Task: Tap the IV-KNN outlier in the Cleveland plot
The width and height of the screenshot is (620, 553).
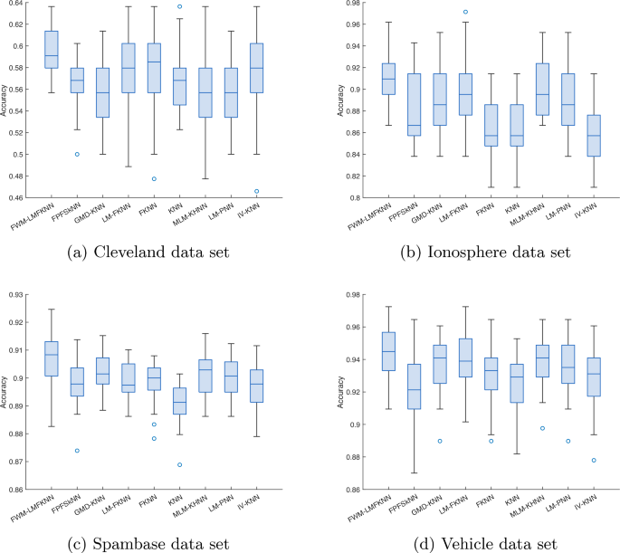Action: (x=281, y=191)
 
